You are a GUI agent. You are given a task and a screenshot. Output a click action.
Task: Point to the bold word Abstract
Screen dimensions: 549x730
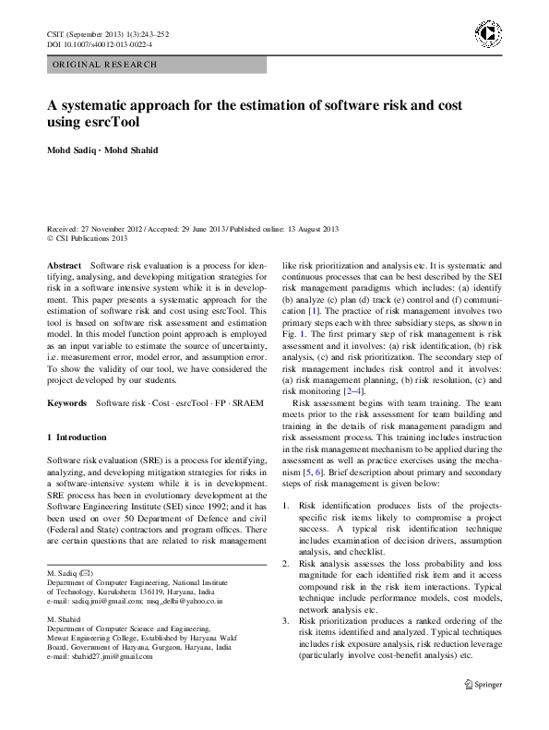pos(65,265)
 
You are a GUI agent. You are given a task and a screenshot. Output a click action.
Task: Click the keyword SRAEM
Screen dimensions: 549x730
pos(247,403)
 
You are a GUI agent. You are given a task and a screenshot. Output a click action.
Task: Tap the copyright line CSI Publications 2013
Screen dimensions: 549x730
pos(91,238)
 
